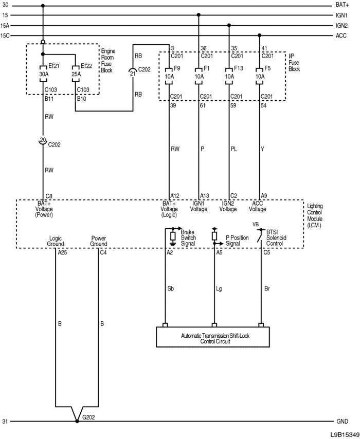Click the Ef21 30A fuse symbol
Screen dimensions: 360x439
pyautogui.click(x=43, y=74)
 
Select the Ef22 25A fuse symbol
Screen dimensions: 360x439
pyautogui.click(x=76, y=74)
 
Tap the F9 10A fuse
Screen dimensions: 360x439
pyautogui.click(x=169, y=76)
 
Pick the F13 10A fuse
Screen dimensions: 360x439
pyautogui.click(x=229, y=76)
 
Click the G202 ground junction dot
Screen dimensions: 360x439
pyautogui.click(x=77, y=421)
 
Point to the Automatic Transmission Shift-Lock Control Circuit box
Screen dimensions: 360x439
pyautogui.click(x=213, y=337)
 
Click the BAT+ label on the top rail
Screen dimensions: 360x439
pyautogui.click(x=342, y=5)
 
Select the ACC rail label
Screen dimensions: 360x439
pyautogui.click(x=341, y=35)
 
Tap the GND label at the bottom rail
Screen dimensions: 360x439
pyautogui.click(x=342, y=422)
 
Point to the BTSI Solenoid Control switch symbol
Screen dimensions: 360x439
pyautogui.click(x=260, y=236)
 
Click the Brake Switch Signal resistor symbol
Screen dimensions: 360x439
pyautogui.click(x=173, y=236)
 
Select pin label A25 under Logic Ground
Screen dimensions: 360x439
pyautogui.click(x=62, y=252)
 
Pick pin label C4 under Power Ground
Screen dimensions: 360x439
pyautogui.click(x=103, y=252)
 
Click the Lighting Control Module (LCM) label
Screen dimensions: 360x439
pyautogui.click(x=315, y=215)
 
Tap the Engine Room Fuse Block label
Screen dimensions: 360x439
pyautogui.click(x=108, y=61)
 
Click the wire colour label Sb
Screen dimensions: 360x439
pyautogui.click(x=171, y=288)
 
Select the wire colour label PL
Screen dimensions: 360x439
pyautogui.click(x=233, y=149)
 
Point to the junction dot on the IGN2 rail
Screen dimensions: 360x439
pyautogui.click(x=229, y=26)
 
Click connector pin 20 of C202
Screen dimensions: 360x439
pyautogui.click(x=43, y=140)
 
